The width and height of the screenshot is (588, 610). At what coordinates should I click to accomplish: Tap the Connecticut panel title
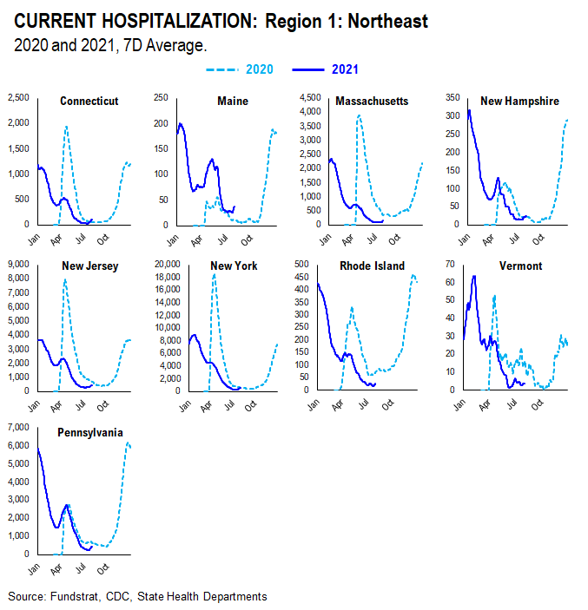tap(89, 102)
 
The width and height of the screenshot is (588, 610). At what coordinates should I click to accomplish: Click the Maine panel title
tap(232, 102)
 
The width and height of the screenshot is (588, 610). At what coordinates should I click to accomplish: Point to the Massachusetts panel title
tap(371, 102)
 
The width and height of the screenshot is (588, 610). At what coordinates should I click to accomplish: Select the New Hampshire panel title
tap(519, 102)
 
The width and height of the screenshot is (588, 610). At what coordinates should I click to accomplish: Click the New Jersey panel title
tap(90, 266)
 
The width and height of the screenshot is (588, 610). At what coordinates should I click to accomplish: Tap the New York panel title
tap(232, 266)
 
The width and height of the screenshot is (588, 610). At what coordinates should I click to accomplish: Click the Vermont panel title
tap(519, 266)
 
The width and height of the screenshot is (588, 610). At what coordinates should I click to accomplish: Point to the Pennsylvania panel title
tap(90, 431)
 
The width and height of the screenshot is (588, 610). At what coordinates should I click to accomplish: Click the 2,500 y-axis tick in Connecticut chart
tap(17, 98)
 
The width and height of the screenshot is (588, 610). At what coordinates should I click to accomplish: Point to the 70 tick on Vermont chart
tap(450, 263)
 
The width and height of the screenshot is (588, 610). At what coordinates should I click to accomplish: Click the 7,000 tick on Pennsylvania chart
tap(17, 428)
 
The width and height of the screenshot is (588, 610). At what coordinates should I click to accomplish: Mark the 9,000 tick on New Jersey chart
tap(17, 263)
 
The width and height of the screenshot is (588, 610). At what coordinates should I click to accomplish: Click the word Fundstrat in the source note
tap(76, 596)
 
